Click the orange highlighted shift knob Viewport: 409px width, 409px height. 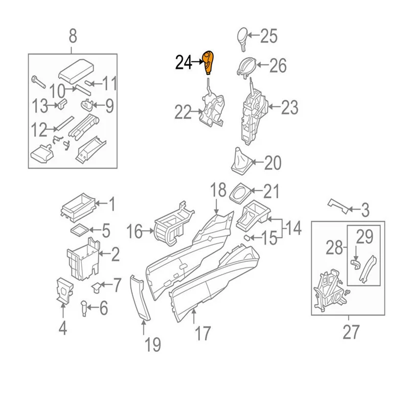click(x=209, y=62)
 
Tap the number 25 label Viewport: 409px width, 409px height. click(x=268, y=36)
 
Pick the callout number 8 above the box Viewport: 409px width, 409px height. click(x=73, y=36)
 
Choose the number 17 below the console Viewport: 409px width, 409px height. click(x=202, y=334)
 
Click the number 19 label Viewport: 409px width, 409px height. click(x=152, y=345)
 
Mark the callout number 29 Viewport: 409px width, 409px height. click(x=365, y=237)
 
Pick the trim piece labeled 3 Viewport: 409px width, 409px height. click(x=339, y=205)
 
